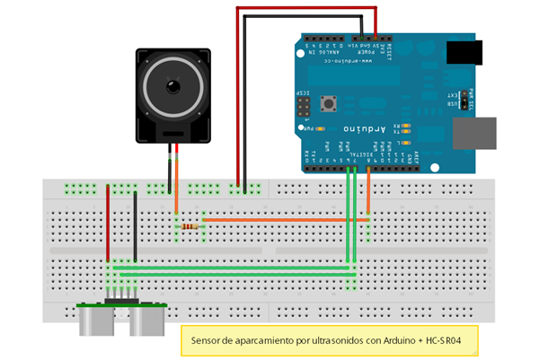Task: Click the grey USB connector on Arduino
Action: [x=474, y=132]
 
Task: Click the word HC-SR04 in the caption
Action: [x=446, y=341]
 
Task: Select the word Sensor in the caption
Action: [x=208, y=341]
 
